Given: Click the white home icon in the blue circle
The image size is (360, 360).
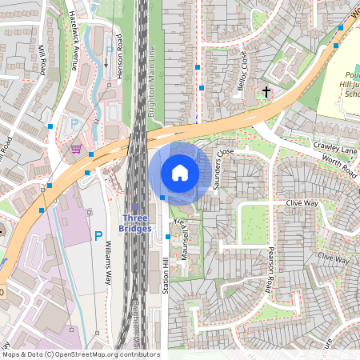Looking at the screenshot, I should click(x=180, y=173).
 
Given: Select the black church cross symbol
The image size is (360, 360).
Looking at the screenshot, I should click(x=266, y=93).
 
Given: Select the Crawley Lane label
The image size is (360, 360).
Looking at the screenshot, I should click(x=335, y=147).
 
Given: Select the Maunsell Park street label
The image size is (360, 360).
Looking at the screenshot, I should click(x=186, y=236).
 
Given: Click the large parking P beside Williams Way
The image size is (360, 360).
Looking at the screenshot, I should click(x=98, y=236).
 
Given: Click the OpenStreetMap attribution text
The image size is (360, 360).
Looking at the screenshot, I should click(x=80, y=354).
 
